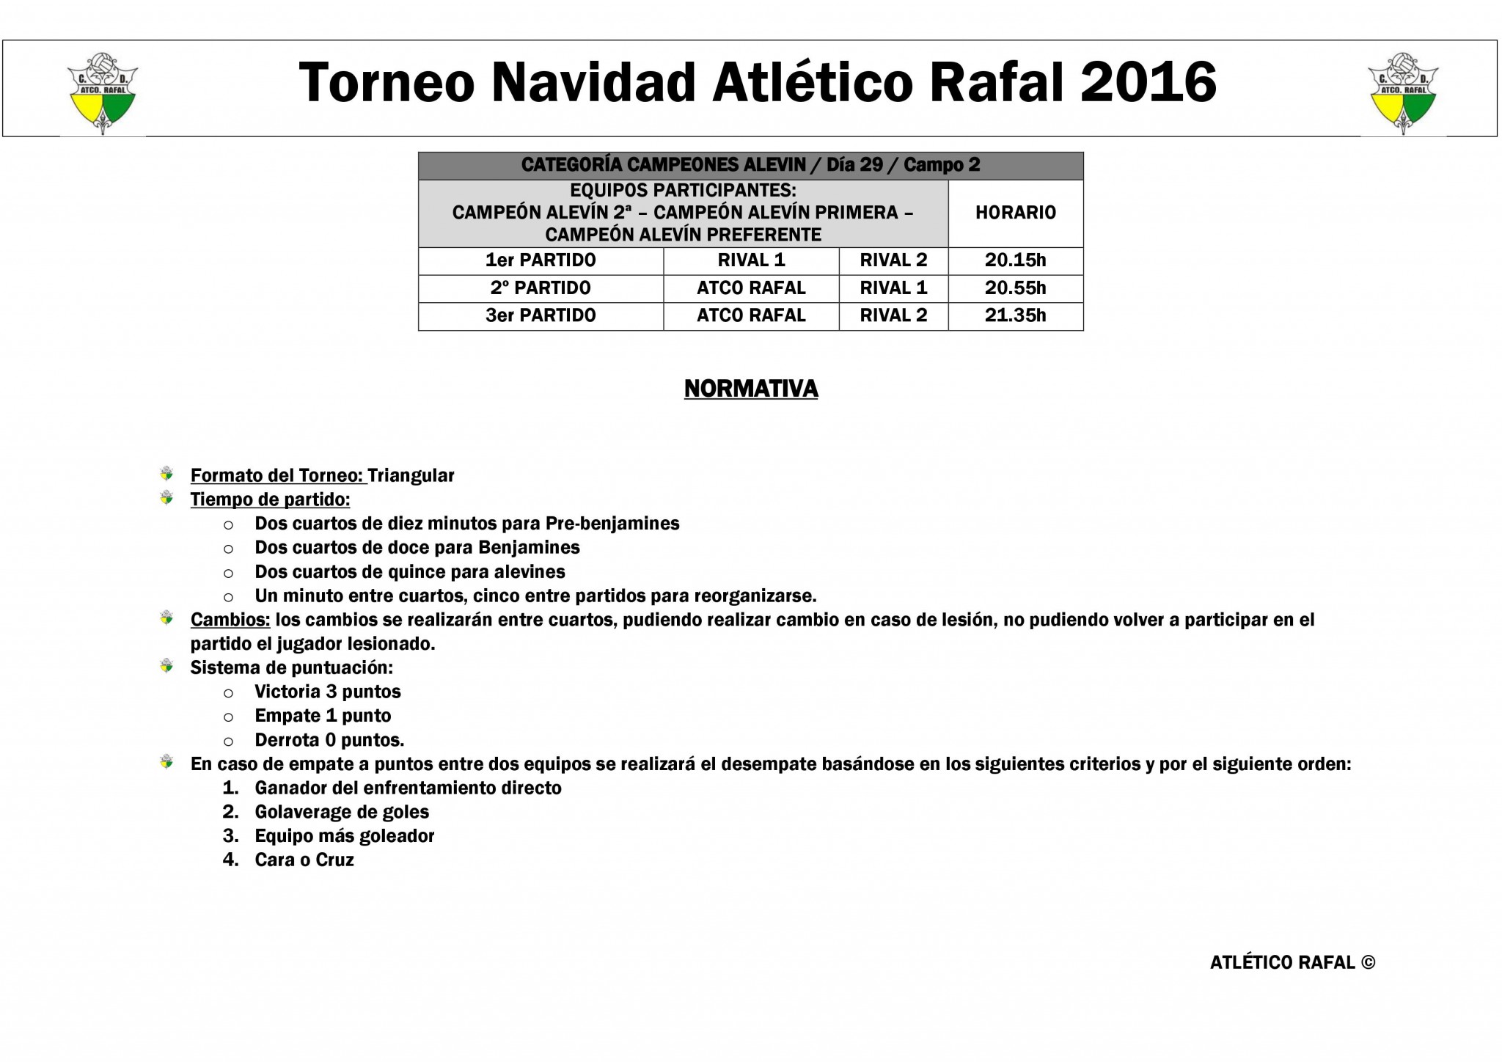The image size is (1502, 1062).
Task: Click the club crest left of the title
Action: [x=103, y=92]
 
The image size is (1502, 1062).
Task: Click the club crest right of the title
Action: [x=1403, y=92]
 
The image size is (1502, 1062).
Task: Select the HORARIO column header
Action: [x=1015, y=213]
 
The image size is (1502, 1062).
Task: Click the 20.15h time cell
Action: [x=1015, y=260]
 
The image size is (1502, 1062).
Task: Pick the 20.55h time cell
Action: [x=1015, y=288]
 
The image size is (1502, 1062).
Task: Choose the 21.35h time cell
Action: [x=1015, y=315]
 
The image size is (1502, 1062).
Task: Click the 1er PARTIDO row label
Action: [x=541, y=260]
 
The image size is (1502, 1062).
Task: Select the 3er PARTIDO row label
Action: [x=541, y=315]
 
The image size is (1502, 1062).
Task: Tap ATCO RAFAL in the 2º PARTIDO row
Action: [x=751, y=288]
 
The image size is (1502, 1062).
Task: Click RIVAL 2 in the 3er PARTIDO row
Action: [x=893, y=315]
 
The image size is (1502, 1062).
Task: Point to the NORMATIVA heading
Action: [x=751, y=389]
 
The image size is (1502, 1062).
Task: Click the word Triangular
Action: [x=411, y=475]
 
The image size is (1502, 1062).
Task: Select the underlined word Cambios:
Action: [x=230, y=620]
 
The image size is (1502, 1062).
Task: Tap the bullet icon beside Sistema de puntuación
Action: [x=167, y=667]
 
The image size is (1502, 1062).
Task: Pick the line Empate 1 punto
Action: [x=323, y=716]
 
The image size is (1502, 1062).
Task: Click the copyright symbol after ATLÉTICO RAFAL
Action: [x=1368, y=963]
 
